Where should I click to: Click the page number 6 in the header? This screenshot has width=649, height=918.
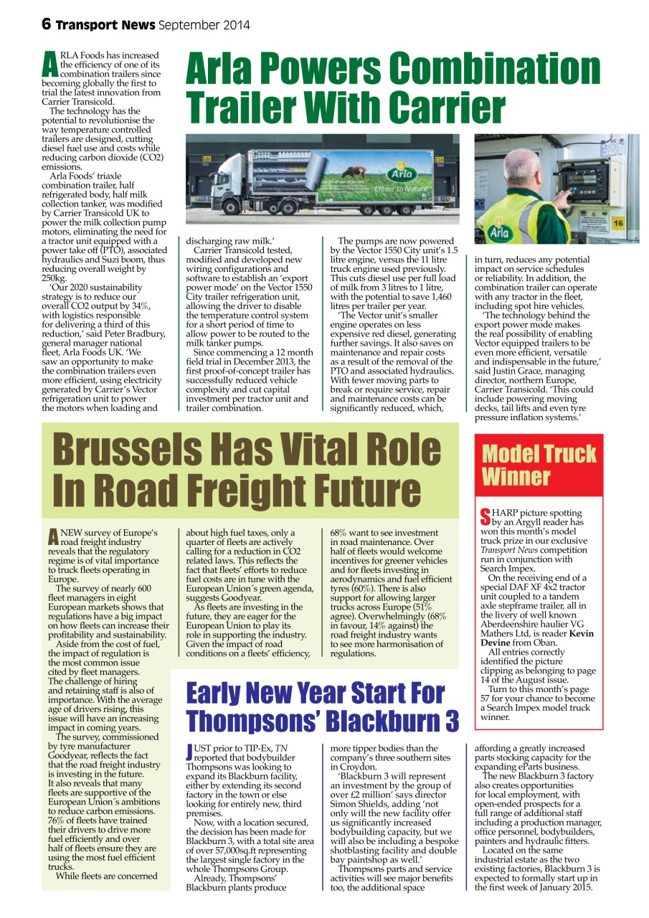point(47,24)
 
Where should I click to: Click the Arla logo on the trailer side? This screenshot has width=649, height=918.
point(399,174)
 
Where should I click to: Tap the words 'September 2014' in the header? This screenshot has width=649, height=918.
point(204,25)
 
